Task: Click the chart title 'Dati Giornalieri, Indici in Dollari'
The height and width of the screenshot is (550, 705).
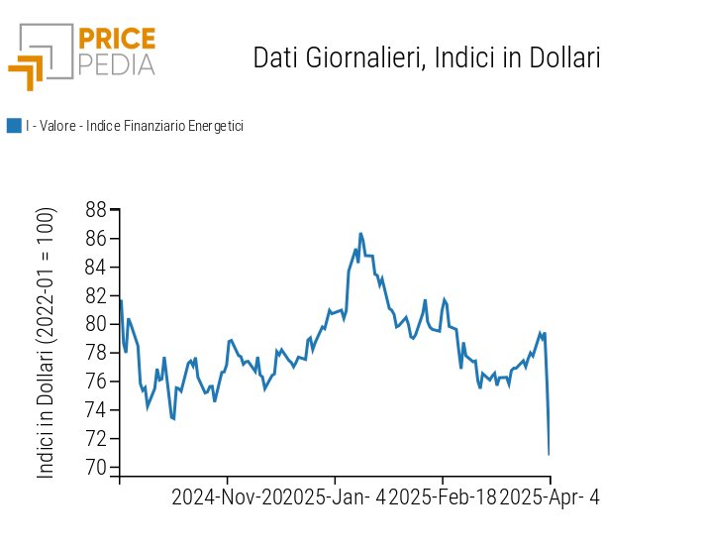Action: (427, 57)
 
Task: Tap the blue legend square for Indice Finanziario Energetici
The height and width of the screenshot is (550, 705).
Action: (14, 126)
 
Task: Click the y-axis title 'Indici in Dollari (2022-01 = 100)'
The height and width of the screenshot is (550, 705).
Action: (47, 343)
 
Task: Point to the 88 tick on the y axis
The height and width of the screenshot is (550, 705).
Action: (96, 210)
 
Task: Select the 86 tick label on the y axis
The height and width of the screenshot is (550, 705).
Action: (96, 239)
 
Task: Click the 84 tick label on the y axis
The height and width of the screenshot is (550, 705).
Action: (96, 268)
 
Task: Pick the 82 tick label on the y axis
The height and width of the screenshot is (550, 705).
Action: (96, 295)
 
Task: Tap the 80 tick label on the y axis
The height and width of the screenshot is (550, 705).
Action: (96, 324)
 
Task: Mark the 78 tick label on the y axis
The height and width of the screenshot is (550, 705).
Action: (96, 353)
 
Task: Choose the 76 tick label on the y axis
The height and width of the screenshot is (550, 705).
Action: (96, 382)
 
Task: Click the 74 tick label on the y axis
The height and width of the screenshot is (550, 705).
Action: (96, 410)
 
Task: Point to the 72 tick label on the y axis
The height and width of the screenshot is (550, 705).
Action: (96, 439)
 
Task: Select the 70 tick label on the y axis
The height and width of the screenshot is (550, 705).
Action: (96, 468)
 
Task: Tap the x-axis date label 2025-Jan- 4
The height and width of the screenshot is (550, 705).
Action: (334, 497)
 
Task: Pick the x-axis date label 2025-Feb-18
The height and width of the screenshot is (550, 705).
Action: (442, 497)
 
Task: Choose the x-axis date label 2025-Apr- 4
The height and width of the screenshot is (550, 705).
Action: (550, 497)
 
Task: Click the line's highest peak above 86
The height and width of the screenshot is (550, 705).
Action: (360, 234)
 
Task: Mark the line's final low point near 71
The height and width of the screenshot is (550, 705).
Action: (549, 454)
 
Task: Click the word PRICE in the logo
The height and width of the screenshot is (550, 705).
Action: (117, 40)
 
